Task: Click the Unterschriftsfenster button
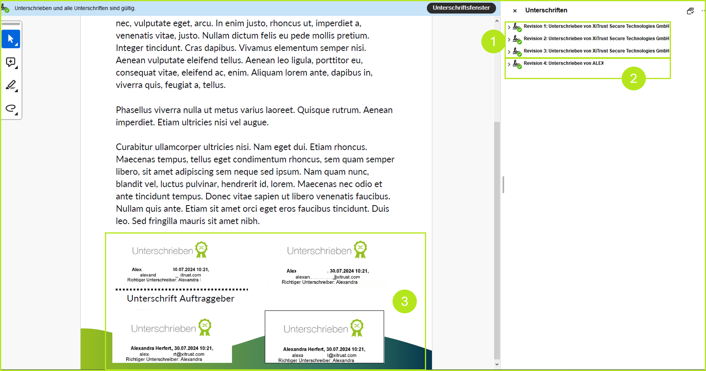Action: pyautogui.click(x=461, y=8)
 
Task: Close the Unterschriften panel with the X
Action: pyautogui.click(x=515, y=11)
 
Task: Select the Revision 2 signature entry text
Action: pyautogui.click(x=596, y=39)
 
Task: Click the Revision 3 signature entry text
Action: pyautogui.click(x=596, y=51)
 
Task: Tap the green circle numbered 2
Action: pyautogui.click(x=633, y=79)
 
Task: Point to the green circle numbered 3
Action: pyautogui.click(x=405, y=302)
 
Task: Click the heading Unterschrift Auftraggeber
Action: pyautogui.click(x=180, y=298)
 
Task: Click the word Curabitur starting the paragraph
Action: pyautogui.click(x=134, y=147)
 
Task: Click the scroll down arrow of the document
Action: pyautogui.click(x=497, y=364)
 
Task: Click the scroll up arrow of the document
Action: pyautogui.click(x=497, y=21)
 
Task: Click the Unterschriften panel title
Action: pyautogui.click(x=546, y=10)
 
